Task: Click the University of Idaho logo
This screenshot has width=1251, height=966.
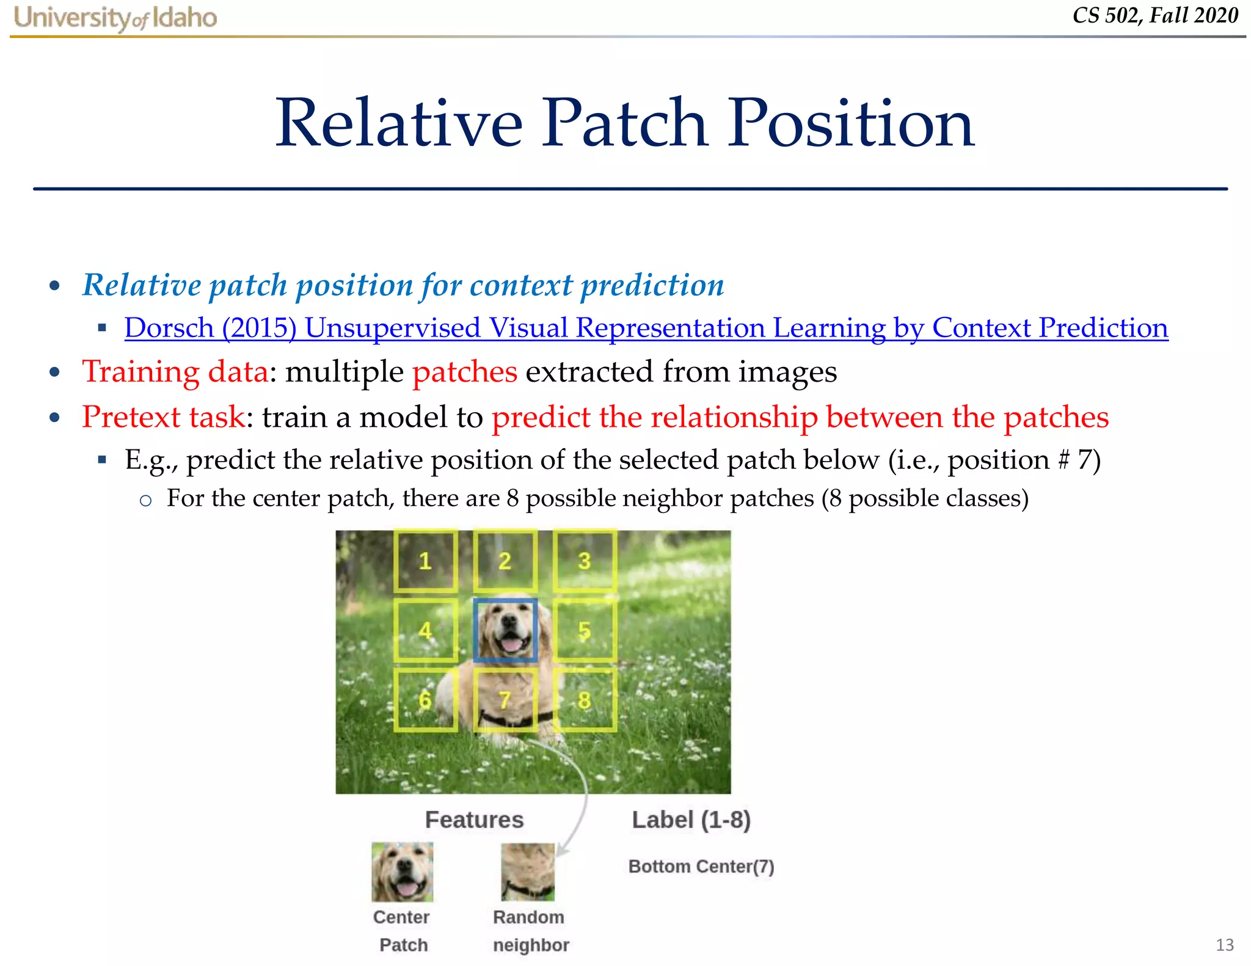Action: pos(115,18)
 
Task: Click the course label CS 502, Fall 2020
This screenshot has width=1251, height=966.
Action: pos(1154,15)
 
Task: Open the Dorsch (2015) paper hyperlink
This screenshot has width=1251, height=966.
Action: pos(646,328)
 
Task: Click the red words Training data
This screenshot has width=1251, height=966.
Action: pos(175,372)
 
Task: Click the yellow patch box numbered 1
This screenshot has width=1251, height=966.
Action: pos(425,561)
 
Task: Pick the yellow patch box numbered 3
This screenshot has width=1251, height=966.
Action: pos(584,561)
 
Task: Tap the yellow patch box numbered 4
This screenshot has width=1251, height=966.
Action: pos(425,631)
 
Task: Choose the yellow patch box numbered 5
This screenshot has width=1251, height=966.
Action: pos(584,631)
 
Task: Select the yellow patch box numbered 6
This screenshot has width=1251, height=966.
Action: pos(425,700)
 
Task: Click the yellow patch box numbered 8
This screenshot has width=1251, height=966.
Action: pos(584,700)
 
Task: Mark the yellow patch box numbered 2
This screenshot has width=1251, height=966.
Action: pos(505,561)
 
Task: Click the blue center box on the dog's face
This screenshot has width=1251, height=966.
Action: pos(505,631)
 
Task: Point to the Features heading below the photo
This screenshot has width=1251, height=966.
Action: pos(474,820)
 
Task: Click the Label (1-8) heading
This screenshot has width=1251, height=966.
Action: pos(691,820)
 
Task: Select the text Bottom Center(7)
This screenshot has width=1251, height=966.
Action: pos(701,866)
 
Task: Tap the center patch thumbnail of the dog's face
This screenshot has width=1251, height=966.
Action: pos(402,872)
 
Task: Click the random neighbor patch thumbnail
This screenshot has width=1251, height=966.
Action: pos(528,872)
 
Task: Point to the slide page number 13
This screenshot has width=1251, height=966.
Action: pos(1224,945)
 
